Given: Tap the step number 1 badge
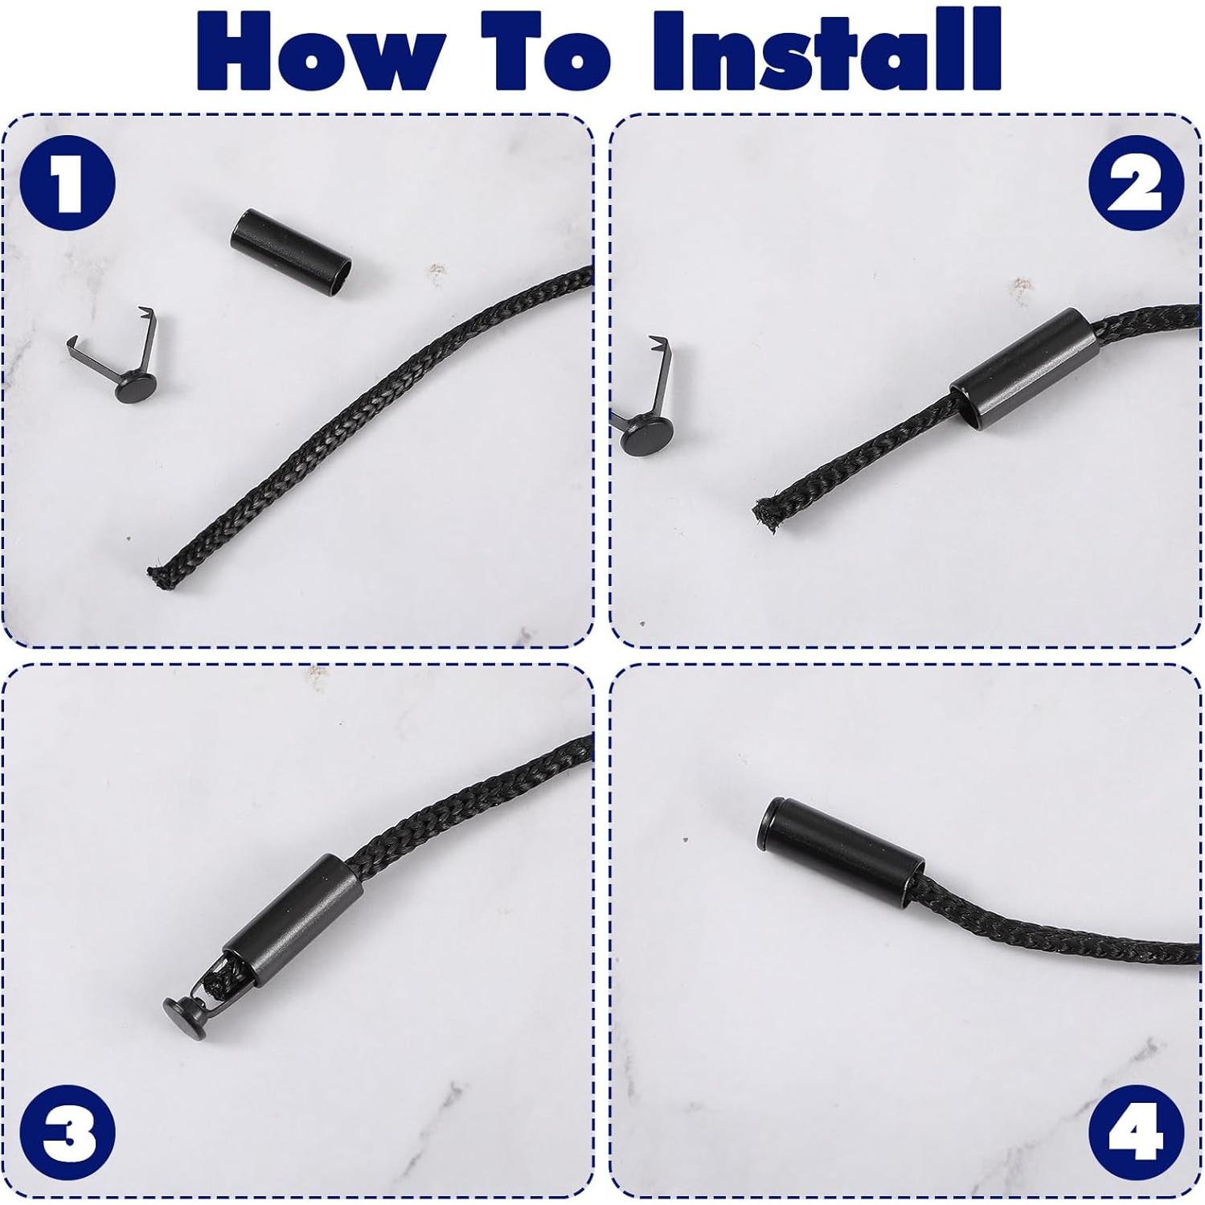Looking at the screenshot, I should [68, 183].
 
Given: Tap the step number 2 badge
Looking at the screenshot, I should [1136, 183].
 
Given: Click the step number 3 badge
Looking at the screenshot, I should [68, 1132].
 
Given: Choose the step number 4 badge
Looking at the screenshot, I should [1136, 1132].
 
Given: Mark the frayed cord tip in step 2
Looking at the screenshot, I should [765, 514].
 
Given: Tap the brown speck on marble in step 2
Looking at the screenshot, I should [1021, 285].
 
